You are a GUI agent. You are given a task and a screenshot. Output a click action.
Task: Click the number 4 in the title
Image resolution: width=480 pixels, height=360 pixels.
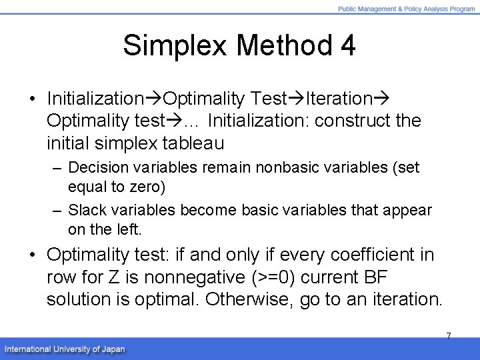347,46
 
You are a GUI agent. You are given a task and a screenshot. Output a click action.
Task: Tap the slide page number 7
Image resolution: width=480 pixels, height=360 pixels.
448,336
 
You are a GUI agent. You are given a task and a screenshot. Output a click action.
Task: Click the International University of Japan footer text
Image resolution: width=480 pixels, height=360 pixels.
65,349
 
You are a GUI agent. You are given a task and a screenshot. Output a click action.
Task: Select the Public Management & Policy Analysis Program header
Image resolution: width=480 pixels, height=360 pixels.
406,9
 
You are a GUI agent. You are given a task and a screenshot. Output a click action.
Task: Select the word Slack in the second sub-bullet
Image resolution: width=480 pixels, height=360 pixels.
84,211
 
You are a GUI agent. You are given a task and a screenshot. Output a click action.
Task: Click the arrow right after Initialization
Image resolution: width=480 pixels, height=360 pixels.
153,99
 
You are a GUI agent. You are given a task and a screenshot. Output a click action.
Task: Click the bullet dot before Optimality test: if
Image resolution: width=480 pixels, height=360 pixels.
33,255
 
